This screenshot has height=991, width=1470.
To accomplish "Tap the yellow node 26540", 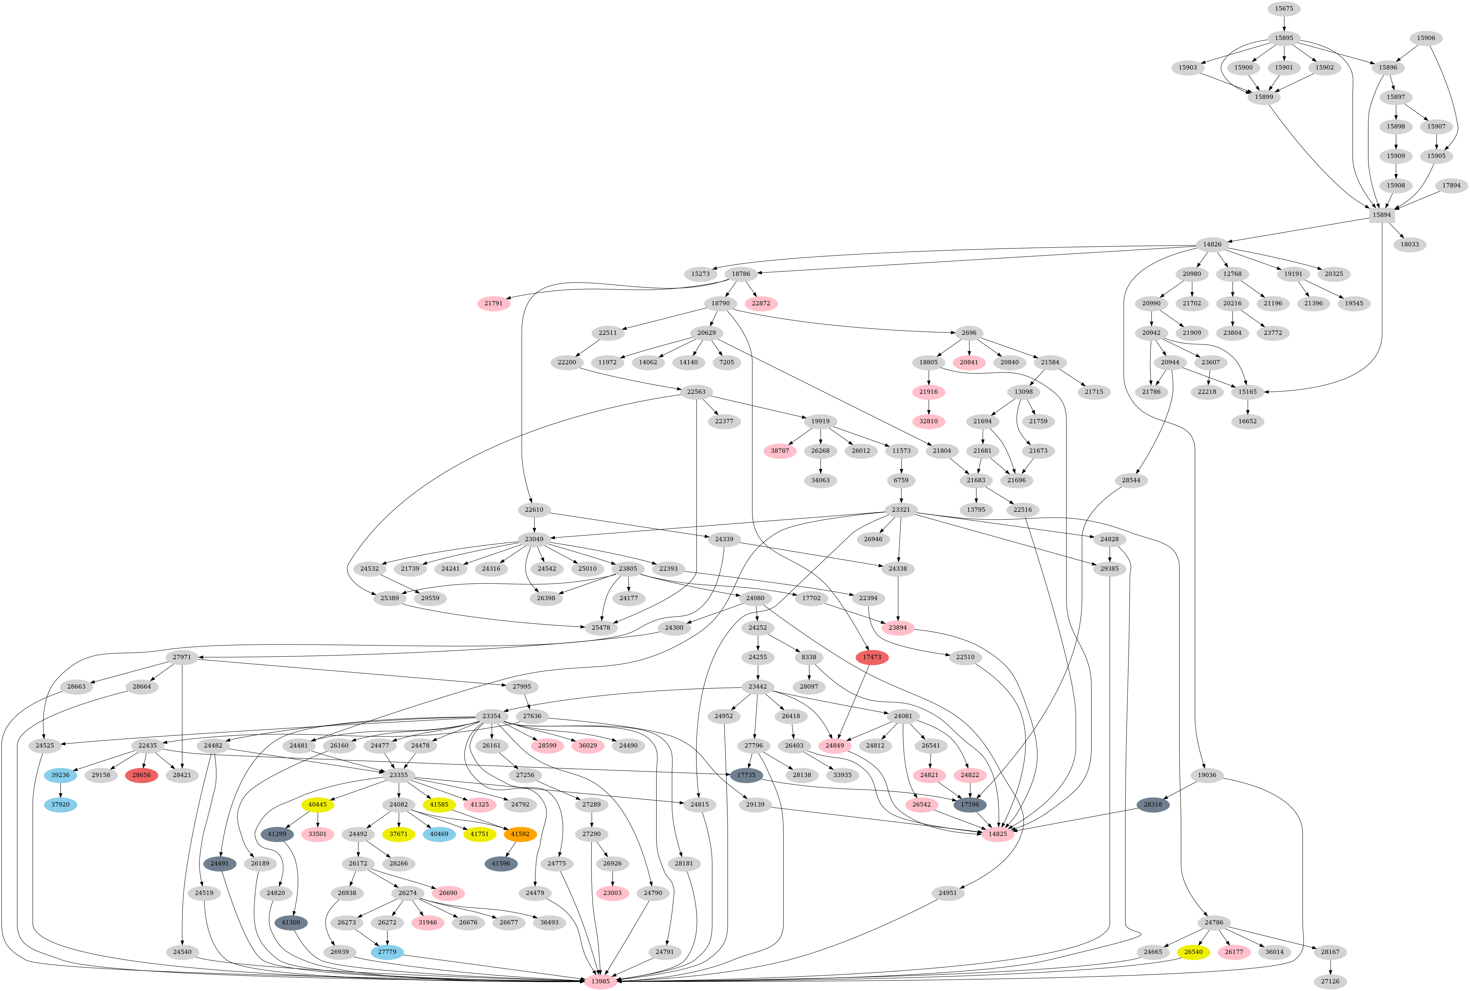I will pos(1193,952).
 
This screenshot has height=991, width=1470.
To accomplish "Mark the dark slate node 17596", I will pos(969,805).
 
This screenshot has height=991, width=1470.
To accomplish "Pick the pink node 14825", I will pos(997,834).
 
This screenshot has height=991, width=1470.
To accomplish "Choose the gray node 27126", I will pos(1331,981).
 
